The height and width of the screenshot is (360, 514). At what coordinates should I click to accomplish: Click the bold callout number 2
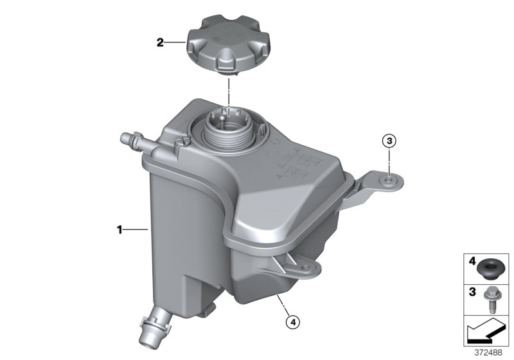coord(161,44)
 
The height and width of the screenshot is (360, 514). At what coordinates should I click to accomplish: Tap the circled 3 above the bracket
coord(389,140)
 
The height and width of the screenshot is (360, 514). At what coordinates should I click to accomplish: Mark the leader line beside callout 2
coord(175,44)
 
